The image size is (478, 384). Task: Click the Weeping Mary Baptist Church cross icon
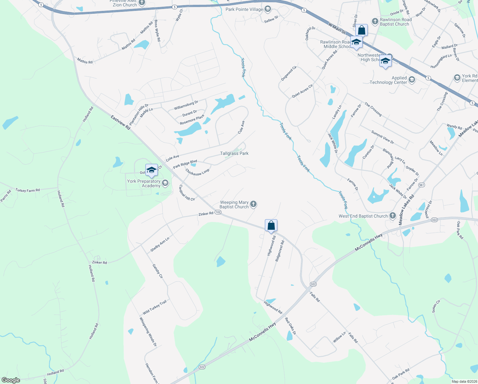[x=253, y=204]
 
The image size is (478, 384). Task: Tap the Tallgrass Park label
[x=234, y=154]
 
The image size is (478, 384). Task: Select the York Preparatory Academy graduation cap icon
[x=165, y=183]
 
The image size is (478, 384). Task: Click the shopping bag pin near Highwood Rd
[x=271, y=225]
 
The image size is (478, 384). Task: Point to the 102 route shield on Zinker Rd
[x=218, y=212]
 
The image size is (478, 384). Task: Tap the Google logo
[x=11, y=380]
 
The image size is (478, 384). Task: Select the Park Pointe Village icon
[x=267, y=9]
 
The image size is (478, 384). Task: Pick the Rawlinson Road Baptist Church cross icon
[x=375, y=21]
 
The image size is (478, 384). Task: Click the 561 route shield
[x=421, y=185]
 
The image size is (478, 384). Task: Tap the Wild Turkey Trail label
[x=155, y=307]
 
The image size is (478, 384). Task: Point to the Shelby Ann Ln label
[x=160, y=244]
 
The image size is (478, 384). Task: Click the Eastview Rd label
[x=121, y=122]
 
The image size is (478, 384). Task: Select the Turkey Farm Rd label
[x=28, y=190]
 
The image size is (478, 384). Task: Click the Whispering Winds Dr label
[x=148, y=332]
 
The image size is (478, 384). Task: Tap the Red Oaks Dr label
[x=290, y=326]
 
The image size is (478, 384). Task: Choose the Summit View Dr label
[x=382, y=137]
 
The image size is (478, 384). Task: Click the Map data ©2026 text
[x=463, y=381]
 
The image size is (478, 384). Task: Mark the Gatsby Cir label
[x=158, y=271]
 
